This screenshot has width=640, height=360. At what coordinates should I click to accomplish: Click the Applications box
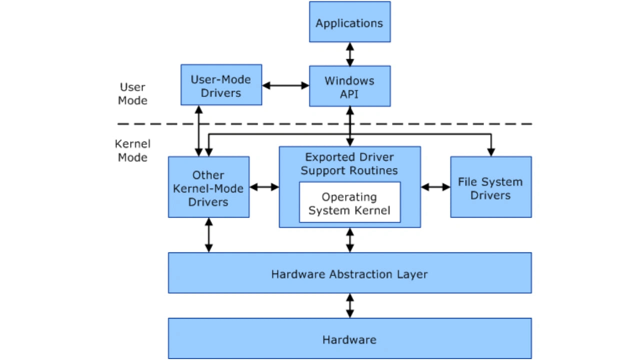tap(349, 22)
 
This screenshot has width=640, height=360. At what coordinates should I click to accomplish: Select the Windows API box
tap(349, 86)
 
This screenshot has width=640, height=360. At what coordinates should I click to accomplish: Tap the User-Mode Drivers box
tap(221, 85)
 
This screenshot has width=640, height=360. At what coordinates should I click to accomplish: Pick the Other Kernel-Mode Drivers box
tap(208, 187)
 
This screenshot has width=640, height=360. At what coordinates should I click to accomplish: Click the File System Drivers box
tap(490, 187)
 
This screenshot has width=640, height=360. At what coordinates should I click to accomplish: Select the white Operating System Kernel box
tap(349, 203)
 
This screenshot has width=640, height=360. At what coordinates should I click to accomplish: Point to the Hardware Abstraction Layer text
tap(349, 274)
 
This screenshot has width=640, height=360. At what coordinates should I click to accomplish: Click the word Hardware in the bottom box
tap(349, 340)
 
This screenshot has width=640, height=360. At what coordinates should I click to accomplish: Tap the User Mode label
tap(132, 94)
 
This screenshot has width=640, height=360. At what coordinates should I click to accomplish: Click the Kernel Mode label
tap(132, 150)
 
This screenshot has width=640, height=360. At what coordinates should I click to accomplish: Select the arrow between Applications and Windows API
tap(350, 54)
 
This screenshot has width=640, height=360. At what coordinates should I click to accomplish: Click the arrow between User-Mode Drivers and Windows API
tap(285, 85)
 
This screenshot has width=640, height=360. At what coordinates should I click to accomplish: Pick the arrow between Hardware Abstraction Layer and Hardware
tap(350, 305)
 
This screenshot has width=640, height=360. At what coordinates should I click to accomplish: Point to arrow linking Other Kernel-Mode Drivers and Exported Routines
tap(264, 187)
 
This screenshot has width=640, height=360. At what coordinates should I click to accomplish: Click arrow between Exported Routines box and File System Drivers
tap(435, 187)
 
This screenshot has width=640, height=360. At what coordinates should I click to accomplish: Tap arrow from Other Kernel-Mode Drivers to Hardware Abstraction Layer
tap(208, 235)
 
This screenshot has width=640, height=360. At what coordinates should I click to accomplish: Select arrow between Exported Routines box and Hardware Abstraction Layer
tap(350, 240)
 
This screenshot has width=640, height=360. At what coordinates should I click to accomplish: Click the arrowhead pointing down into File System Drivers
tap(491, 151)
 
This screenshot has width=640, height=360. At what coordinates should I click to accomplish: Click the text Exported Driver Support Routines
tap(349, 164)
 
